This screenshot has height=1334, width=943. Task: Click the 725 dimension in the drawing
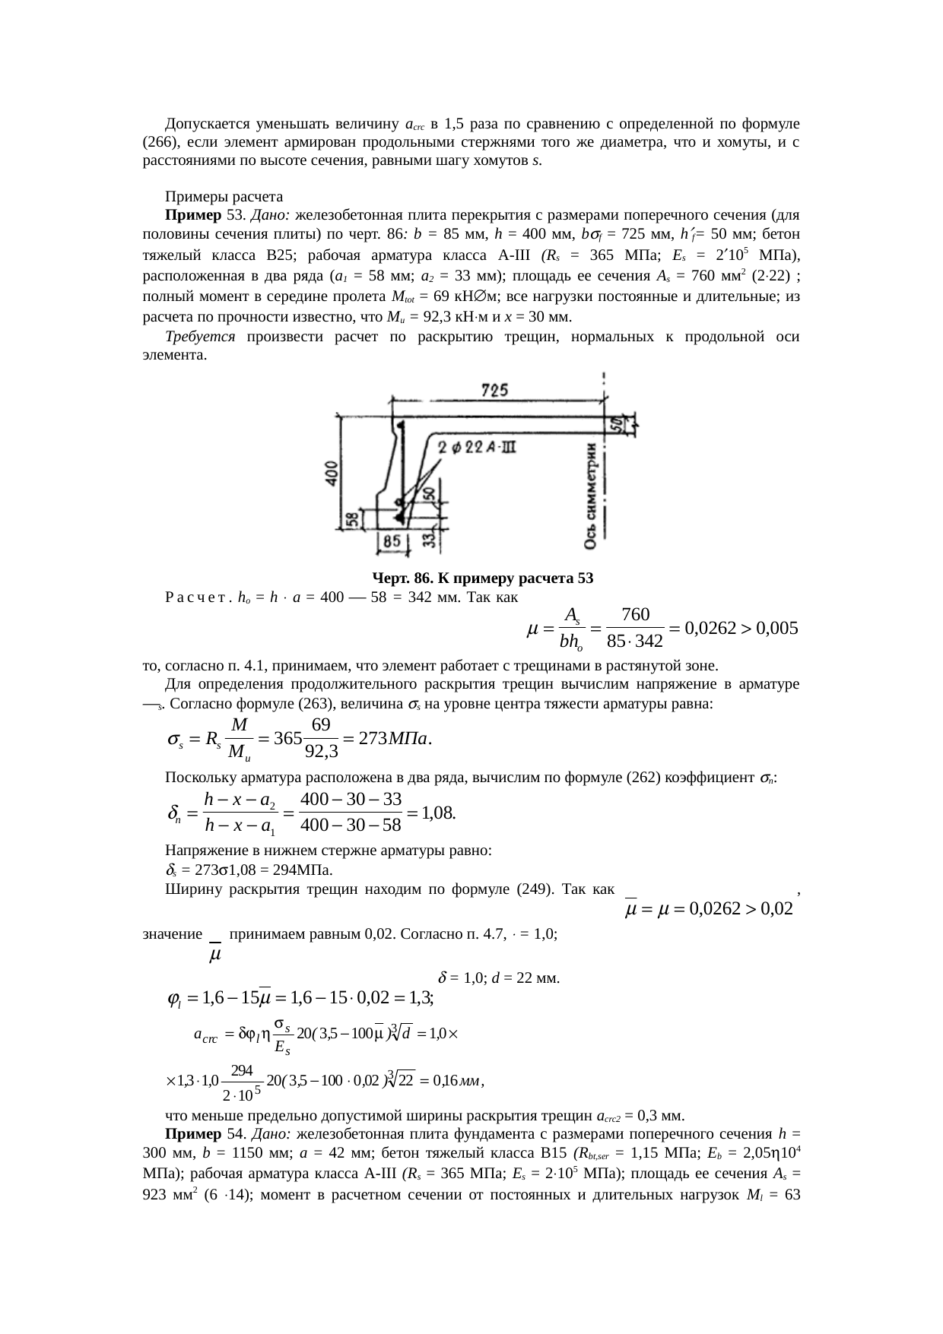pyautogui.click(x=496, y=390)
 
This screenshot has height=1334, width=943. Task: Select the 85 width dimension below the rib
pyautogui.click(x=392, y=542)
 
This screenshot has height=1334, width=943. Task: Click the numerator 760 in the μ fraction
pyautogui.click(x=635, y=613)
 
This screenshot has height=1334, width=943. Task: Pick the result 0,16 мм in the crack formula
pyautogui.click(x=456, y=1080)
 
